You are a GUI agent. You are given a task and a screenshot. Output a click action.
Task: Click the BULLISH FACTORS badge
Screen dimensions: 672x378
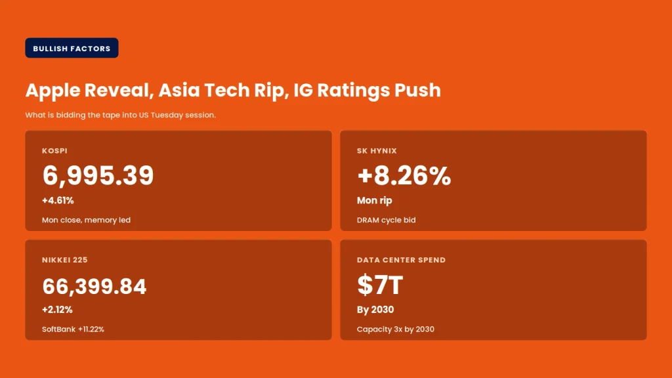(x=72, y=48)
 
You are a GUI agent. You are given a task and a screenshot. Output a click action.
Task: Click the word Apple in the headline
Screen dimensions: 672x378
(x=52, y=91)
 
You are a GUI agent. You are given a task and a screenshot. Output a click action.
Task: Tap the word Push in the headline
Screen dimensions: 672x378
(x=417, y=90)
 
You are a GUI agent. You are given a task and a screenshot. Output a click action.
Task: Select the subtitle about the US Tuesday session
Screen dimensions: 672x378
(x=121, y=115)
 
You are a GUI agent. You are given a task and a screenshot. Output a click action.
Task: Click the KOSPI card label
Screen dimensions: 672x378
(x=54, y=151)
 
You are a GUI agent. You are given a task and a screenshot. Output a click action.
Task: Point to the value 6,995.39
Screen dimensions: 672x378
(x=98, y=175)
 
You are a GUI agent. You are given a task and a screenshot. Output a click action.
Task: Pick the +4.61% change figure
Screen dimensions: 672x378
(x=58, y=200)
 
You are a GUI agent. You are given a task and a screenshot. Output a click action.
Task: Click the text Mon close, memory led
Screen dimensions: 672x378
(x=86, y=220)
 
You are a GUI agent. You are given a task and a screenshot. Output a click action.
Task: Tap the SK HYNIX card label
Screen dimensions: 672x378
(x=377, y=151)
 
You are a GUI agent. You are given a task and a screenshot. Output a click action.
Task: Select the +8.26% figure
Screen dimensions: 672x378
(x=404, y=175)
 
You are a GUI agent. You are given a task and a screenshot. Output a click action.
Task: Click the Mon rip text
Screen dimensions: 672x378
(x=375, y=200)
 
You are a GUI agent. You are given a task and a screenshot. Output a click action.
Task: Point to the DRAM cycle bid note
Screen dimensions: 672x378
(x=386, y=220)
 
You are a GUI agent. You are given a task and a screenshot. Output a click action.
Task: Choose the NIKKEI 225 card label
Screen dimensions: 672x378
(x=65, y=260)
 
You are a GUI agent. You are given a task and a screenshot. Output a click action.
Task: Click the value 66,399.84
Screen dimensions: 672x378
(x=94, y=286)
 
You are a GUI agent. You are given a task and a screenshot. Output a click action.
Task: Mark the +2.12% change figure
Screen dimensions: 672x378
(x=58, y=310)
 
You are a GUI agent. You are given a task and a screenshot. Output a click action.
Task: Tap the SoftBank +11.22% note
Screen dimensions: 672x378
(x=73, y=329)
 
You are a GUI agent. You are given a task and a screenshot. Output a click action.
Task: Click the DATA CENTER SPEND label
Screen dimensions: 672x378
(x=401, y=260)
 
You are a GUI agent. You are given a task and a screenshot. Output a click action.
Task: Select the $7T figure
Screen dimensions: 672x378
(x=380, y=285)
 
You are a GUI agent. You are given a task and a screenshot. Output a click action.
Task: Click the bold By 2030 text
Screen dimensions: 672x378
(x=375, y=310)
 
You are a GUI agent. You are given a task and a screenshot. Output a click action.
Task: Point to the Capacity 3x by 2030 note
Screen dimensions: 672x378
(x=396, y=329)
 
